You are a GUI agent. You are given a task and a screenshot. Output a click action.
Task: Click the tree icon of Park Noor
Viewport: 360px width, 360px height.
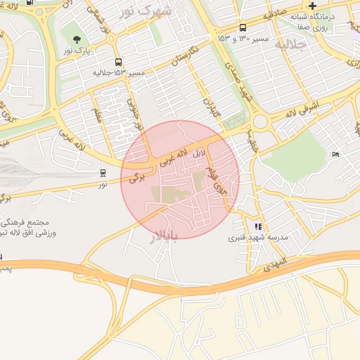pyautogui.click(x=77, y=39)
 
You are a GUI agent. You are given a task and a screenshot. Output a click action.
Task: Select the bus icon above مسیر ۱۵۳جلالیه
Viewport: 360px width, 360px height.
pyautogui.click(x=118, y=62)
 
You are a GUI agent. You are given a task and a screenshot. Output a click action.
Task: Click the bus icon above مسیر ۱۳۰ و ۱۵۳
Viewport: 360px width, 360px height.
pyautogui.click(x=243, y=27)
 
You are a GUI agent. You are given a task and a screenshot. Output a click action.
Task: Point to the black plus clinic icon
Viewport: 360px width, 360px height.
pyautogui.click(x=312, y=6)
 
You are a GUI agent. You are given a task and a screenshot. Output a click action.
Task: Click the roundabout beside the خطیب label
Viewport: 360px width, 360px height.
pyautogui.click(x=262, y=122)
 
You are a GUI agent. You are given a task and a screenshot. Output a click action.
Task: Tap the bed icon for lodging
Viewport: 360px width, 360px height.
pyautogui.click(x=335, y=154)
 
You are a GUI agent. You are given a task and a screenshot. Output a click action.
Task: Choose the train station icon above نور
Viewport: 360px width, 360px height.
pyautogui.click(x=103, y=172)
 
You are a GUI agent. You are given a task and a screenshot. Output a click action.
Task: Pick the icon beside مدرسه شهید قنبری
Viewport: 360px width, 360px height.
pyautogui.click(x=258, y=226)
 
